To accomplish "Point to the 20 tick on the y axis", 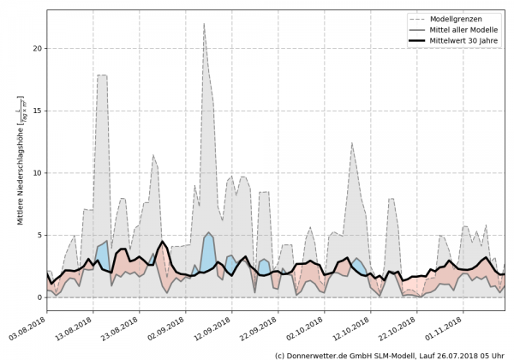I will [36, 48].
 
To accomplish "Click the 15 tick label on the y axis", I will [36, 111].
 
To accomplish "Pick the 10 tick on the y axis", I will [36, 173].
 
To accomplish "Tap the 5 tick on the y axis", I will [39, 235].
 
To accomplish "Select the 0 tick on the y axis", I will [39, 297].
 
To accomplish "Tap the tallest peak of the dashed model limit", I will [204, 24].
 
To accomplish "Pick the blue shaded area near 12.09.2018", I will [208, 250].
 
